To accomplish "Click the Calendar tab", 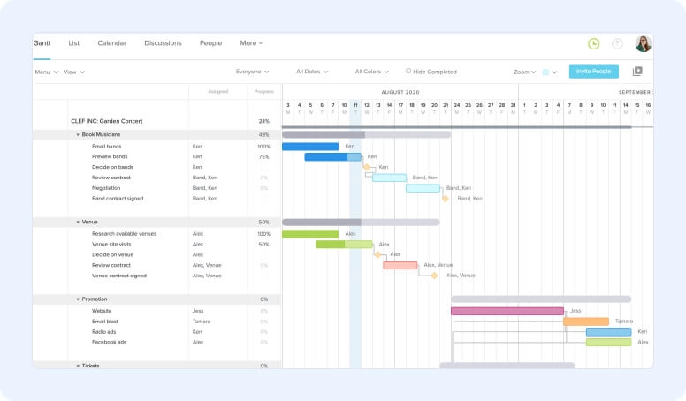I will tap(111, 42).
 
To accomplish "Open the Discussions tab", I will tap(163, 42).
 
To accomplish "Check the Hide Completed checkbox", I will tap(408, 71).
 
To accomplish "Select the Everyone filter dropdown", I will tap(252, 72).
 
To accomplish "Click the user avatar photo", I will tap(643, 43).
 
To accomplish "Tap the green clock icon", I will tap(593, 43).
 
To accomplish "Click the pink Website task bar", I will tap(507, 311).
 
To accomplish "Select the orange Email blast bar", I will tap(586, 322).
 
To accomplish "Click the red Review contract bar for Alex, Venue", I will tap(400, 265).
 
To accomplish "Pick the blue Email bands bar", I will tap(310, 147).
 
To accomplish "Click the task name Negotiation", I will tap(106, 188).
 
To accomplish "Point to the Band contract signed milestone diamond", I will tap(446, 199).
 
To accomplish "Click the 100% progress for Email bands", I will tap(263, 147).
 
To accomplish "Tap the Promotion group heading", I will tap(95, 299).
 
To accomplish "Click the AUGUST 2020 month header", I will tap(400, 92).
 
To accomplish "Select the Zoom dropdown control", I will tap(524, 72).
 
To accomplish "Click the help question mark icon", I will tap(617, 43).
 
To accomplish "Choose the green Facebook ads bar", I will tap(608, 342).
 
